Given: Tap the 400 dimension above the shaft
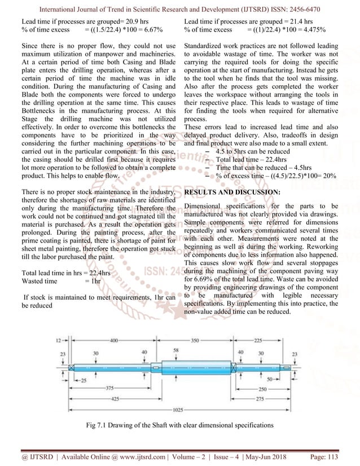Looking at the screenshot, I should pos(115,341).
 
